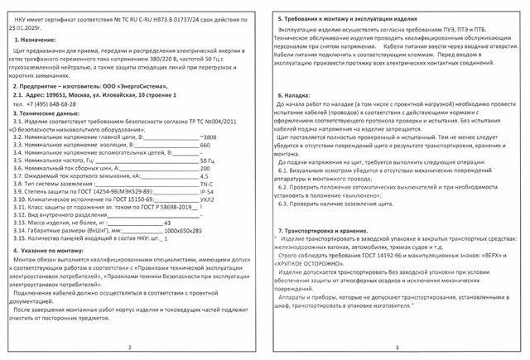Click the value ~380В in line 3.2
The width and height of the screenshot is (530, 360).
coord(209,137)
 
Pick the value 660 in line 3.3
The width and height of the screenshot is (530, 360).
coord(205,144)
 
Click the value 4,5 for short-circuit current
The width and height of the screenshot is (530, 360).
coord(205,176)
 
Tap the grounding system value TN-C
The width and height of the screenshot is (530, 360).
coord(206,185)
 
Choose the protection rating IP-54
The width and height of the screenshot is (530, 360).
coord(206,192)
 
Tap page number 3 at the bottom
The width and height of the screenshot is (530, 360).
coord(397,348)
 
